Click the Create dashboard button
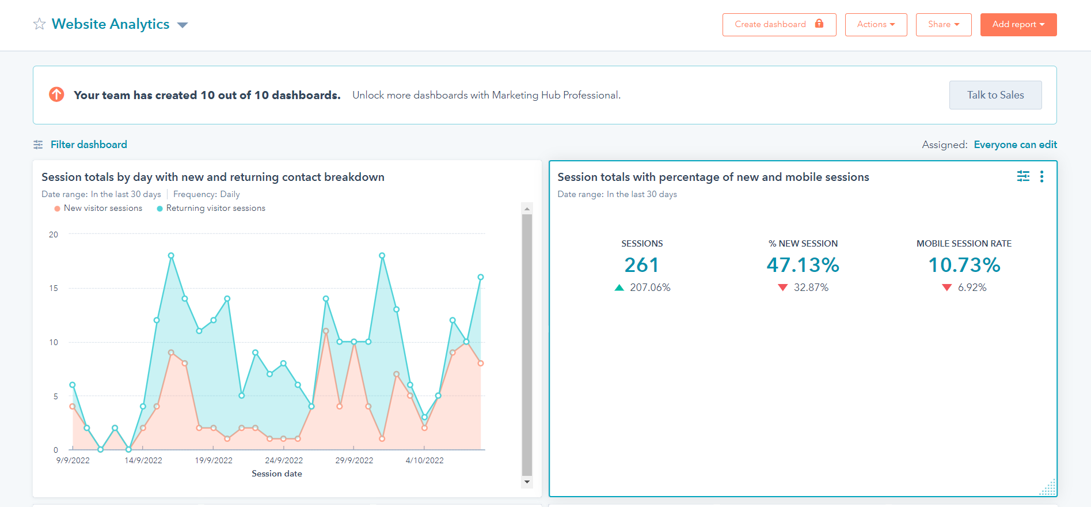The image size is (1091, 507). coord(779,25)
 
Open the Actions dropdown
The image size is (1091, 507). coord(876,25)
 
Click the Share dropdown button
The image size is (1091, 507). coord(943,25)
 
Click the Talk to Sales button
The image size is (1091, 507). coord(995,95)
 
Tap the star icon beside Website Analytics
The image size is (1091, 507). coord(39,24)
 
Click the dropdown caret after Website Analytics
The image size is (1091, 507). coord(183,25)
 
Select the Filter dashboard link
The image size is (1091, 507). coord(88,145)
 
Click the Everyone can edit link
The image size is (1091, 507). coord(1015,145)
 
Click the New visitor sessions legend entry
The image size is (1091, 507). coord(102,208)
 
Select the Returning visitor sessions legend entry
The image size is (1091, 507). coord(215,208)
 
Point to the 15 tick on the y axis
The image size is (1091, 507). coord(54,288)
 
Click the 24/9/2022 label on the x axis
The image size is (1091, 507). coord(284,460)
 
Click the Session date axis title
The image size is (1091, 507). coord(276,474)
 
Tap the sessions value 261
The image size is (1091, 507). coord(641,265)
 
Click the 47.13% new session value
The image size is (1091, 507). coord(803,265)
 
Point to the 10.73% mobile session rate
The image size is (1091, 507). coord(964,265)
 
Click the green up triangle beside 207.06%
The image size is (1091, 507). coord(619,287)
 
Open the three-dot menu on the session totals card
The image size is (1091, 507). coord(1041,177)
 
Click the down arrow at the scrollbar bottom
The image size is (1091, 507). coord(527,482)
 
